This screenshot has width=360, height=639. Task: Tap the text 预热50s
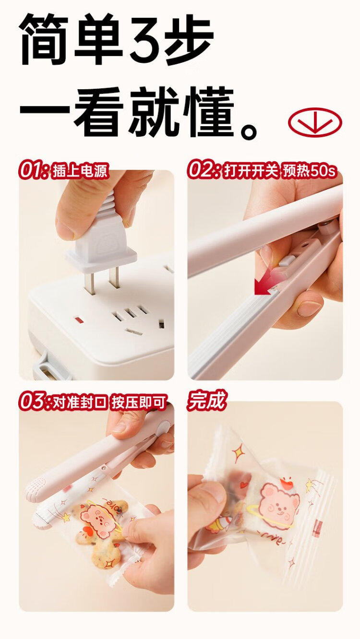coord(310,171)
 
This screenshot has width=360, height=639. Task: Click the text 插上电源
coord(80,171)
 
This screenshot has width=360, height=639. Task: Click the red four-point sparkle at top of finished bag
coord(238,452)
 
